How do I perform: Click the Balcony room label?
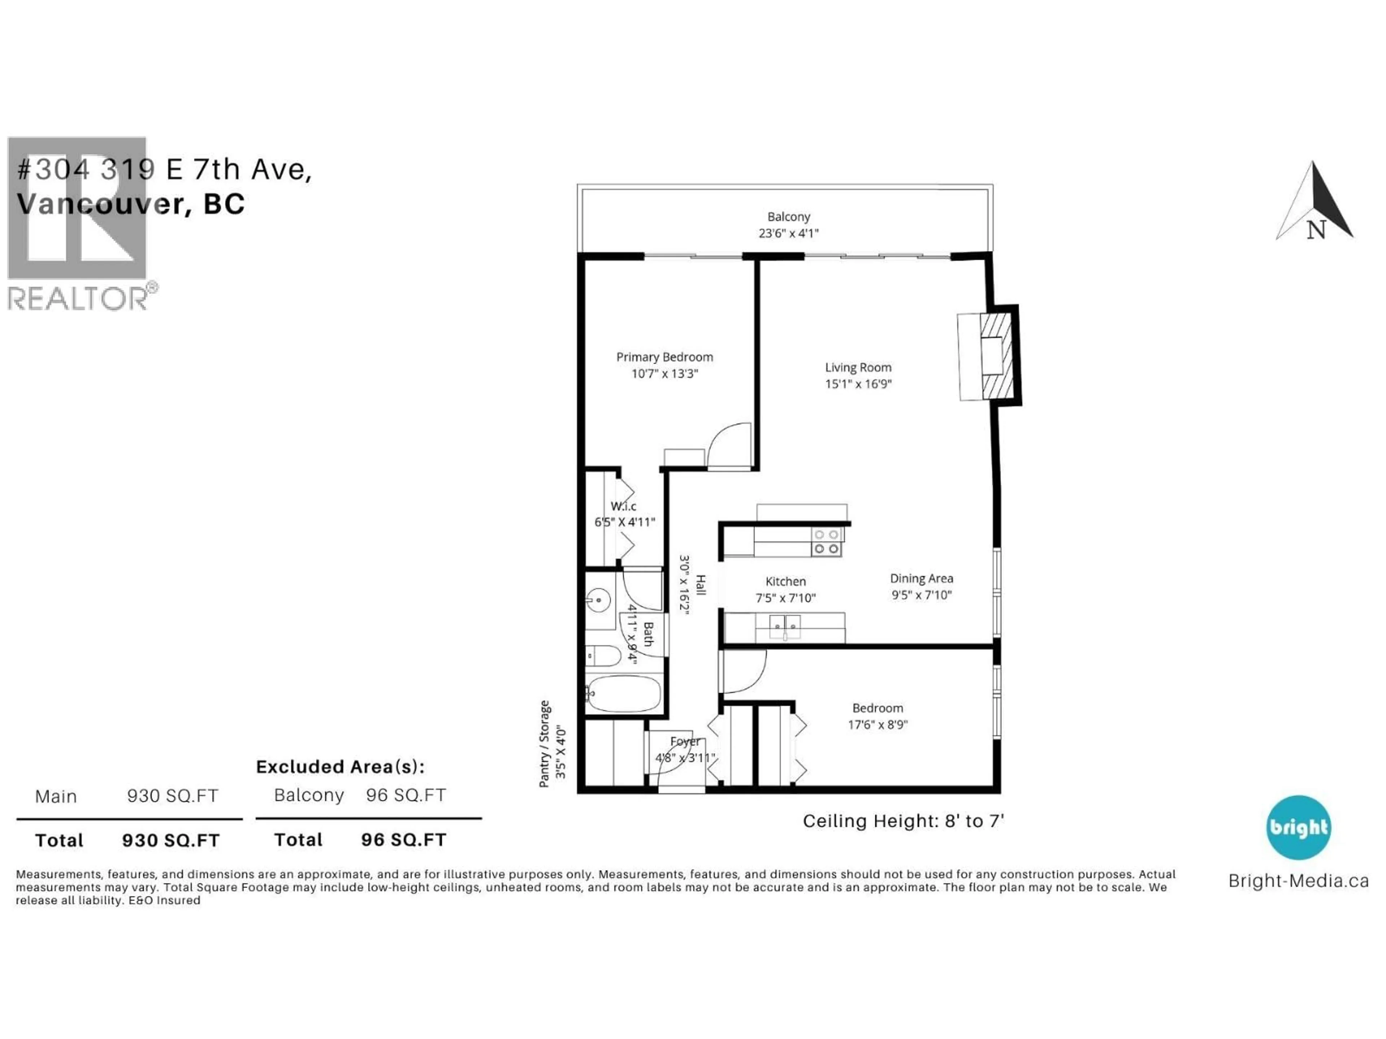point(788,217)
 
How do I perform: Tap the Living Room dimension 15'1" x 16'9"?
point(858,384)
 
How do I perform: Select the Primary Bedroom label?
point(664,357)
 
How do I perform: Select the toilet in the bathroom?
point(604,656)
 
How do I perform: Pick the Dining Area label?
point(921,579)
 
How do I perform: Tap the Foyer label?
point(684,741)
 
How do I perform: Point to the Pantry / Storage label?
point(545,744)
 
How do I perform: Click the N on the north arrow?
point(1316,230)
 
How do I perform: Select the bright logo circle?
point(1298,827)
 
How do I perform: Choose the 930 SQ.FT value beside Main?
point(172,796)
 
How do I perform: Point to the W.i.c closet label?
point(623,506)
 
